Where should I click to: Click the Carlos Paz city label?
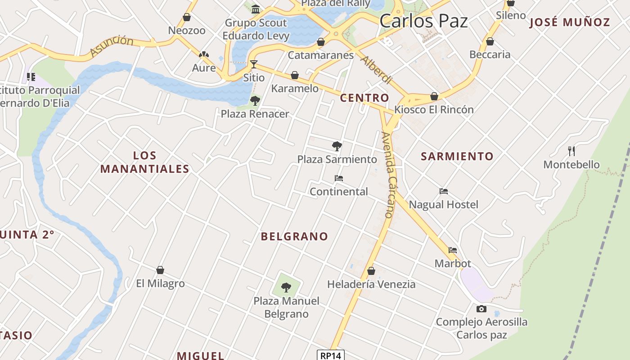click(423, 21)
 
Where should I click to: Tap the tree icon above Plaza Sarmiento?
click(337, 146)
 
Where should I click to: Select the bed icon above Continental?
click(339, 178)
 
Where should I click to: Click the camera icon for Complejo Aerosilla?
click(481, 309)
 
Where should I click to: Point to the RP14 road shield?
click(330, 355)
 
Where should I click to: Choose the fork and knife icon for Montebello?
click(571, 151)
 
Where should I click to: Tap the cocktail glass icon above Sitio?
click(254, 64)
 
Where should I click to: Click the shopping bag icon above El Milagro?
click(160, 270)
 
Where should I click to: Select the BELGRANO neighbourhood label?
click(295, 236)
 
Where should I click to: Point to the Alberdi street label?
click(376, 70)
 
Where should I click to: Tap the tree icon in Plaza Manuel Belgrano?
click(286, 287)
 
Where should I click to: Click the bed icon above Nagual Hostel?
click(444, 191)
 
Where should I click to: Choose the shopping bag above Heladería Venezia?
click(371, 271)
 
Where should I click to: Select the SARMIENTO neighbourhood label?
click(457, 156)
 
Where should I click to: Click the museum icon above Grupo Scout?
click(256, 9)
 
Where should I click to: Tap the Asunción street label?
click(112, 46)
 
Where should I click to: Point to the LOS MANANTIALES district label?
click(144, 162)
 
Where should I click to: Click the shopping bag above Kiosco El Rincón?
click(434, 96)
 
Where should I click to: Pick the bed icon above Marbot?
click(453, 250)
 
